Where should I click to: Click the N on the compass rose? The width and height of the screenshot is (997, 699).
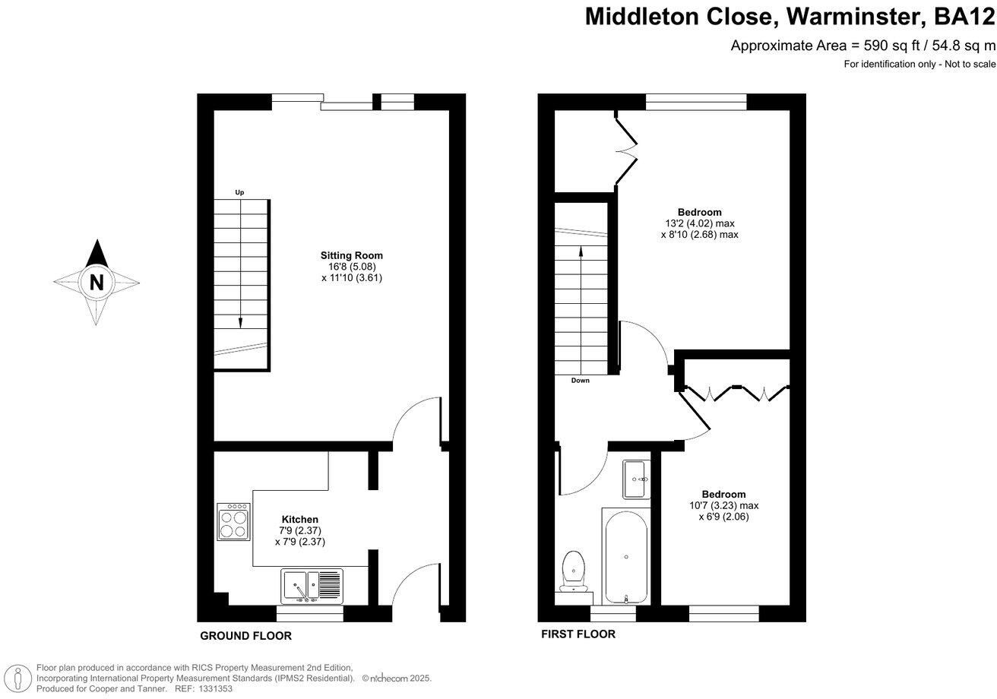coord(97,282)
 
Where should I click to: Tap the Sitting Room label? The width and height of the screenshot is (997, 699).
coord(351,255)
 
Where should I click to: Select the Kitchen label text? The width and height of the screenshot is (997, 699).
coord(300,520)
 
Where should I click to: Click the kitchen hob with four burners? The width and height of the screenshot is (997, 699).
coord(233,521)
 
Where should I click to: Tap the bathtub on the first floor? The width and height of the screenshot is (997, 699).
coord(625,557)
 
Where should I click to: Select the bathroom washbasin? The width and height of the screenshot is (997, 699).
coord(637,479)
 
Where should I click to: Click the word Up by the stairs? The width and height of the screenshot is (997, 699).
coord(239,193)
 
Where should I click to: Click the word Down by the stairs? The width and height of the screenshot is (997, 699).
coord(580,381)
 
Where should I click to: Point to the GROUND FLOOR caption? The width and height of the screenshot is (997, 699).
coord(245,636)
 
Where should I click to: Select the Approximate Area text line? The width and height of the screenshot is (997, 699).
coord(862,46)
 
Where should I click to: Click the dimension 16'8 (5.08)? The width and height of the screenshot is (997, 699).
coord(352,267)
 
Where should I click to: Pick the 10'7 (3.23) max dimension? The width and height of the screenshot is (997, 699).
coord(723,505)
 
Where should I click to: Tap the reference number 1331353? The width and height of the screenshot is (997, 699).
coord(215,688)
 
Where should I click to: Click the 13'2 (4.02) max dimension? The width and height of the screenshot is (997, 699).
coord(699,223)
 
